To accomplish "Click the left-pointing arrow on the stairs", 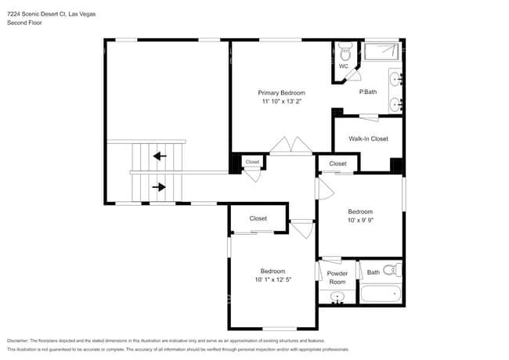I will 160,156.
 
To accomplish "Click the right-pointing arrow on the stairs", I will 160,186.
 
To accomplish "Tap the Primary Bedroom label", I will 281,92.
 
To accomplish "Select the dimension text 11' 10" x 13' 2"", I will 281,101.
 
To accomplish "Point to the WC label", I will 343,67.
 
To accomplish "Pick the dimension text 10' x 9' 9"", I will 360,220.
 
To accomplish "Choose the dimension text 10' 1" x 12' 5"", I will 273,279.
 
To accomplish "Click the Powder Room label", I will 338,277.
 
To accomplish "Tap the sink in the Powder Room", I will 338,297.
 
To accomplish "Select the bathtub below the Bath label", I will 381,294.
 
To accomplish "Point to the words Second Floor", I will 23,23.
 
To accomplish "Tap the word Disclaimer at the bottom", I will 18,340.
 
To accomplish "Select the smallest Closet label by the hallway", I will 252,162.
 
